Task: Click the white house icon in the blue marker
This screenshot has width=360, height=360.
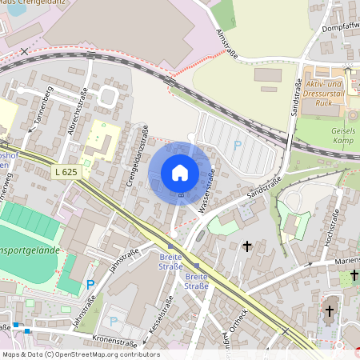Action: pyautogui.click(x=180, y=173)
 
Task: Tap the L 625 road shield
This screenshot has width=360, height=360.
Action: pyautogui.click(x=68, y=171)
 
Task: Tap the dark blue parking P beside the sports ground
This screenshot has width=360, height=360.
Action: pyautogui.click(x=90, y=284)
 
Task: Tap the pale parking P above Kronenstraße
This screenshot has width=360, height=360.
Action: pyautogui.click(x=113, y=321)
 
